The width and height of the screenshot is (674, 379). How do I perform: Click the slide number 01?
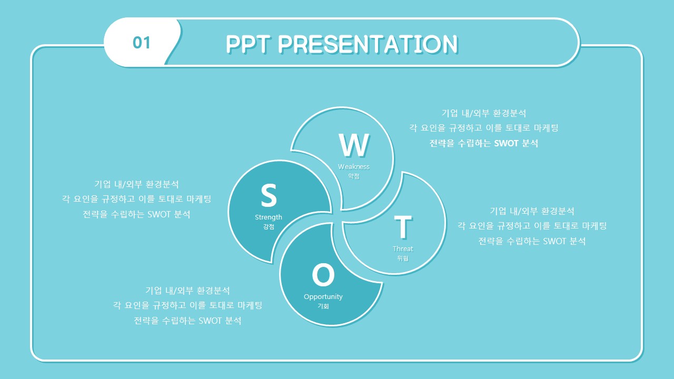[142, 43]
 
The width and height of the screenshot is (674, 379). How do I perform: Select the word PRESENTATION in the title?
[368, 45]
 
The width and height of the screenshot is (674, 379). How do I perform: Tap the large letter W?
[354, 145]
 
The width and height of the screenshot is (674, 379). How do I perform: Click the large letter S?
[269, 195]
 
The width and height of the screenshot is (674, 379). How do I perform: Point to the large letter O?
[323, 275]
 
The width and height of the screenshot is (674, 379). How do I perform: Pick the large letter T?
[403, 226]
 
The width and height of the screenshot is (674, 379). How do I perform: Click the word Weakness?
[354, 167]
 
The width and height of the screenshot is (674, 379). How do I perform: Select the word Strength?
[269, 217]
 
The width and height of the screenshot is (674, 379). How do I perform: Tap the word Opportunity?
[323, 297]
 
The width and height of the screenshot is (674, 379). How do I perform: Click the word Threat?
[403, 249]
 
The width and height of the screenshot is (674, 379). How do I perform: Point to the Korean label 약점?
[354, 176]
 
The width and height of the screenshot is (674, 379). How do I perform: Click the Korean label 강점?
[269, 226]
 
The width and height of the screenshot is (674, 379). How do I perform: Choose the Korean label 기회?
[323, 306]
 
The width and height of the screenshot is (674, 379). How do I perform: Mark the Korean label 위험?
[403, 258]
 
